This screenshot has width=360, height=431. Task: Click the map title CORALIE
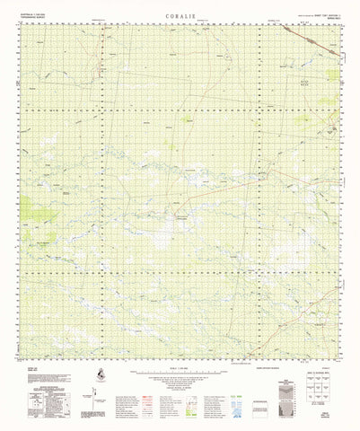(x=180, y=15)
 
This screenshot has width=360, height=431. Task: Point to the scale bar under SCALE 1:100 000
(x=180, y=367)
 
